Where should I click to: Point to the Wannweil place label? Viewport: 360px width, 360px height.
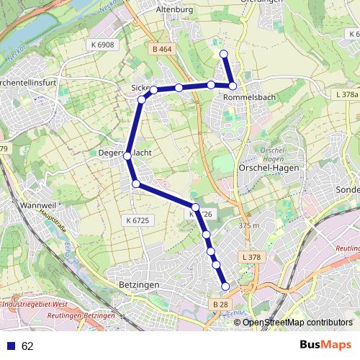(22, 206)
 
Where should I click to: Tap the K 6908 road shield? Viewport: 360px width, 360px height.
(104, 45)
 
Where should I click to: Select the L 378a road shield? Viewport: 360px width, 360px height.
(346, 94)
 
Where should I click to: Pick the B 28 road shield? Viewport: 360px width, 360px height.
(220, 305)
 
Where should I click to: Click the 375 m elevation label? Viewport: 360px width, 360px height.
(248, 225)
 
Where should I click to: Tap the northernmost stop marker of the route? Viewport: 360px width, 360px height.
(223, 54)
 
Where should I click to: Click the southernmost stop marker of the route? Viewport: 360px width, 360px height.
(225, 287)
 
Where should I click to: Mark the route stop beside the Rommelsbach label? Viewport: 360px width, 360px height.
(233, 86)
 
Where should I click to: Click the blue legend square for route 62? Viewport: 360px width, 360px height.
(12, 346)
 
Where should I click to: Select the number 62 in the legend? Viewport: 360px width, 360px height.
(28, 346)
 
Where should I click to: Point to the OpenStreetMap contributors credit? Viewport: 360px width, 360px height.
(297, 322)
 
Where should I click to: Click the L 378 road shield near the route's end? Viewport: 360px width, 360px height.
(251, 257)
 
